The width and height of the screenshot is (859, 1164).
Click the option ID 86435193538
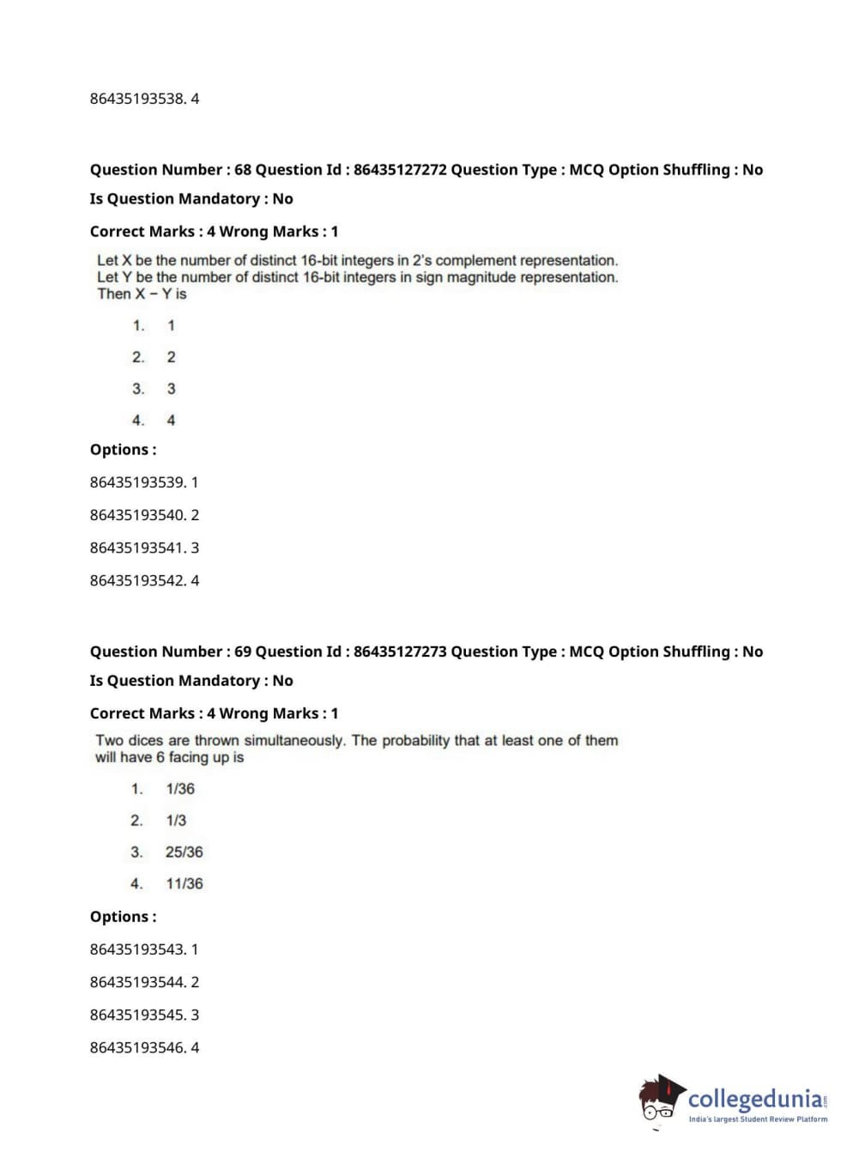coord(137,99)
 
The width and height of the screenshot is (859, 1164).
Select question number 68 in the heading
coord(243,170)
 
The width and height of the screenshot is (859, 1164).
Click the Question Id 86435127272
coord(400,170)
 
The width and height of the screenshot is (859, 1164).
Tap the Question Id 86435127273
coord(400,652)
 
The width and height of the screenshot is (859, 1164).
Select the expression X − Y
coord(154,294)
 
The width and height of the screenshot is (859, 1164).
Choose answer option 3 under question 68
coord(171,389)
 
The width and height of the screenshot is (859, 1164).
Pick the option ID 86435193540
coord(137,515)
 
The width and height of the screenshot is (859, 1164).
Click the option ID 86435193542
coord(137,580)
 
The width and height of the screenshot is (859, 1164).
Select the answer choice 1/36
coord(180,789)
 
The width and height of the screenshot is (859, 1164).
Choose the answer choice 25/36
coord(185,852)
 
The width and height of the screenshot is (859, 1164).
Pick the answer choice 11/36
coord(185,884)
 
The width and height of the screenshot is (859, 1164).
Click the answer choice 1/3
coord(176,821)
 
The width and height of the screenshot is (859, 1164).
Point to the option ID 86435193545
coord(137,1015)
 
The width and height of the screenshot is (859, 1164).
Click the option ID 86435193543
coord(137,949)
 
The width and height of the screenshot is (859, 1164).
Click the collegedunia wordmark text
coord(755,1099)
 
